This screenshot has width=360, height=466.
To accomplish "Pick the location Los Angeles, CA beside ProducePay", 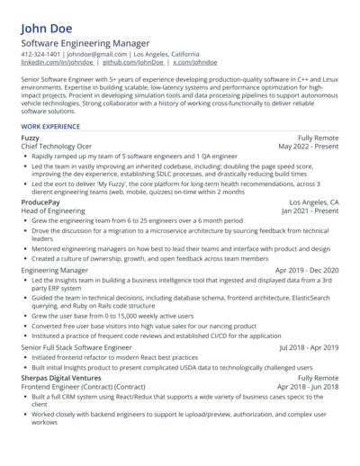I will [313, 203].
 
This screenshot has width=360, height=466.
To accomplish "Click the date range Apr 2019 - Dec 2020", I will [307, 270].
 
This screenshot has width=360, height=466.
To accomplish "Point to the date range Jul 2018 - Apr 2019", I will [309, 346].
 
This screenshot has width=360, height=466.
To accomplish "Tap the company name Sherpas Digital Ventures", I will [62, 379].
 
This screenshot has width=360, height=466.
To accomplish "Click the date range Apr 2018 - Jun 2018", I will [309, 387].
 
